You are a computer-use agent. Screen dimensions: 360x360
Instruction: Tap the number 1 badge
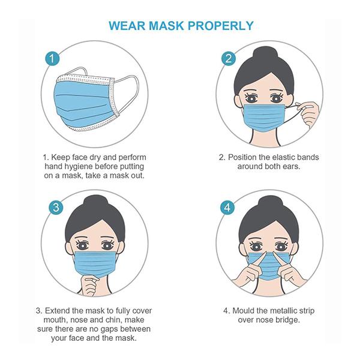click(52, 58)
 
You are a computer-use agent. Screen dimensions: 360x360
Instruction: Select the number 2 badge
click(229, 58)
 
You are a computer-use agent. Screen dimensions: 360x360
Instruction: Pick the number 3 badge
click(56, 208)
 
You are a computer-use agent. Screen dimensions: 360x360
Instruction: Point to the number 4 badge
click(227, 208)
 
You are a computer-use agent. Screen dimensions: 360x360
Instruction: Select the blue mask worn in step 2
click(264, 118)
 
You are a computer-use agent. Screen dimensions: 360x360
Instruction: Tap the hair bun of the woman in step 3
click(95, 203)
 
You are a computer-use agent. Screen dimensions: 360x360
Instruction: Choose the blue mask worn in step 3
click(95, 265)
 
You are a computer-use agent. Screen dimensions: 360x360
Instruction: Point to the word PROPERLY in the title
click(221, 25)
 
